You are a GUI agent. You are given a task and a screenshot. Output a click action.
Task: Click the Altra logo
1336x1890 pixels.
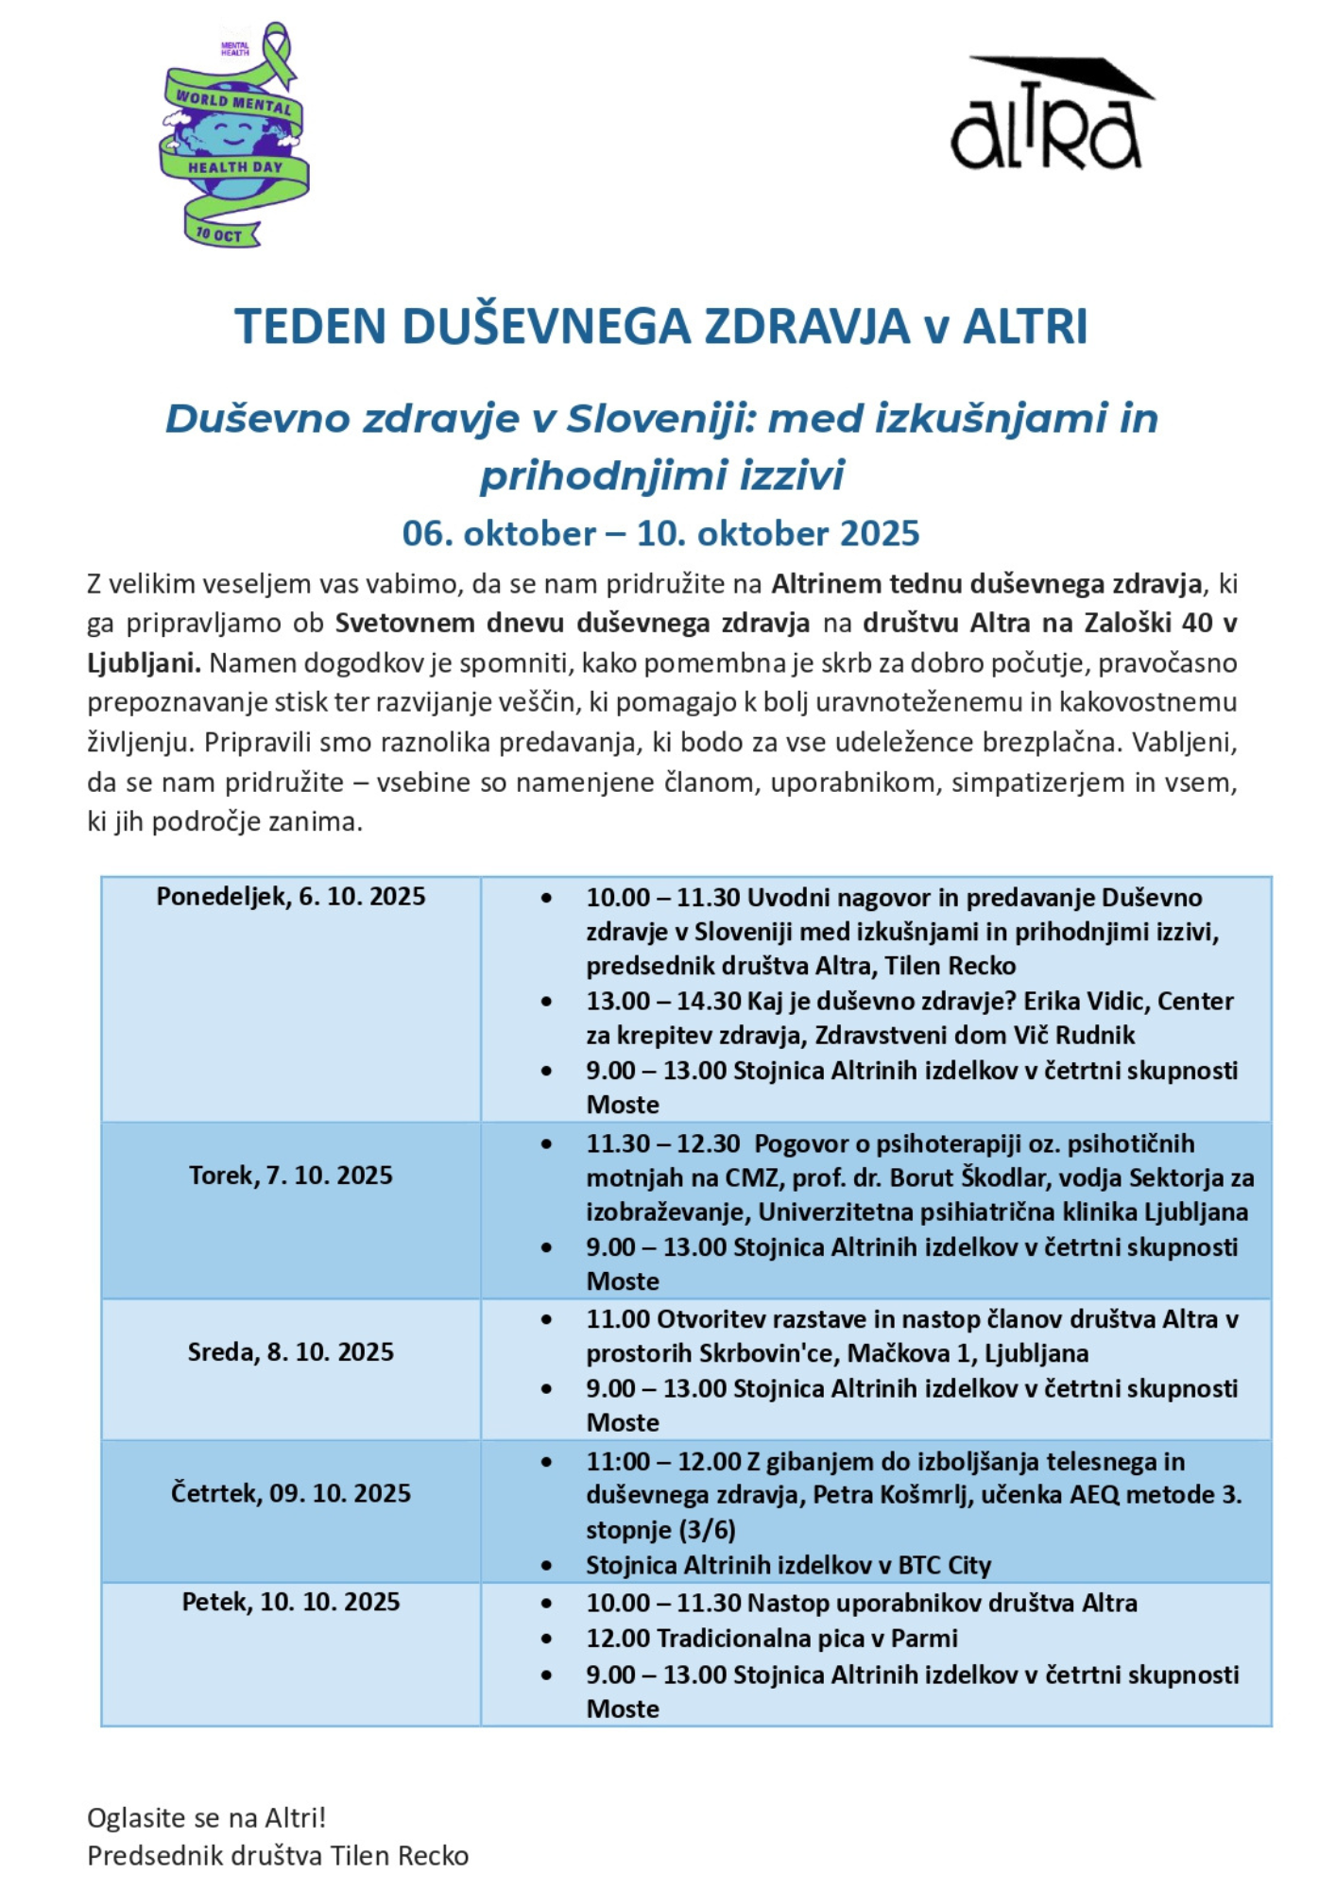[1050, 115]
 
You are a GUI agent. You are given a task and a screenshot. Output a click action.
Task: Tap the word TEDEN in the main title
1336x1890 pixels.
[311, 327]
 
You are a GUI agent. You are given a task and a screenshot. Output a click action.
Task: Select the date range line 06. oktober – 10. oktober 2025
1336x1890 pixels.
[660, 534]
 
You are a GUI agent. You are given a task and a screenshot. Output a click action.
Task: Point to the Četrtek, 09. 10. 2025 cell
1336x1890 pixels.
[291, 1493]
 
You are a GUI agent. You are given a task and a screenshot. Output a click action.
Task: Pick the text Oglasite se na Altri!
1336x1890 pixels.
[206, 1818]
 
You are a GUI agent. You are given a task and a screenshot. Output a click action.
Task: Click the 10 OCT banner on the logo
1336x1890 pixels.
[220, 234]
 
